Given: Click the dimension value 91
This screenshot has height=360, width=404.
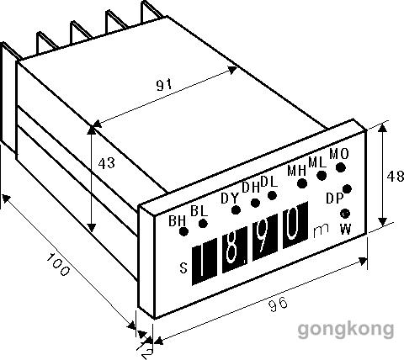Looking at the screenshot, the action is [x=164, y=85].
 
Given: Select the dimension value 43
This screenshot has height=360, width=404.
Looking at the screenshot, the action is [x=107, y=163].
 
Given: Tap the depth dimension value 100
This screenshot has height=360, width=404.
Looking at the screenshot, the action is [x=57, y=264].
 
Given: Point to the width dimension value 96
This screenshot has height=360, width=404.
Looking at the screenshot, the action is [x=279, y=304].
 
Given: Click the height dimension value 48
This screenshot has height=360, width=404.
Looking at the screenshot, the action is [x=396, y=177].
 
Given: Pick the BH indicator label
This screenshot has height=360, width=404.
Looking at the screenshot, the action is [x=177, y=221].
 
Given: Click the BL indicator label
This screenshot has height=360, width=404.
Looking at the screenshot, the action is [x=199, y=211].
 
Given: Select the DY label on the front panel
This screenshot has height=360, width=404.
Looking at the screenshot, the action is [x=230, y=199].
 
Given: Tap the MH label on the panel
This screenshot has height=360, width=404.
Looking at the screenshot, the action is [x=297, y=171].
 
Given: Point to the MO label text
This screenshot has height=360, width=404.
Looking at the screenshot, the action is [x=339, y=154].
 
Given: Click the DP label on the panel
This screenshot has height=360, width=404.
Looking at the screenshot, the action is [x=335, y=199].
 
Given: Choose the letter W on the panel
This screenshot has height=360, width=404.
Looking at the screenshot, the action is [x=346, y=230].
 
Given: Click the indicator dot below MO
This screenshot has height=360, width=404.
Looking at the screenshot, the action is [x=341, y=167].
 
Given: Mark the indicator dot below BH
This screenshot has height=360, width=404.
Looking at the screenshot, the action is [x=183, y=231].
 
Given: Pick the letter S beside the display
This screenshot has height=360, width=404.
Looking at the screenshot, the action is [x=183, y=268].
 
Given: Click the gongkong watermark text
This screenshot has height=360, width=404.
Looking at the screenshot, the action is [x=346, y=330].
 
